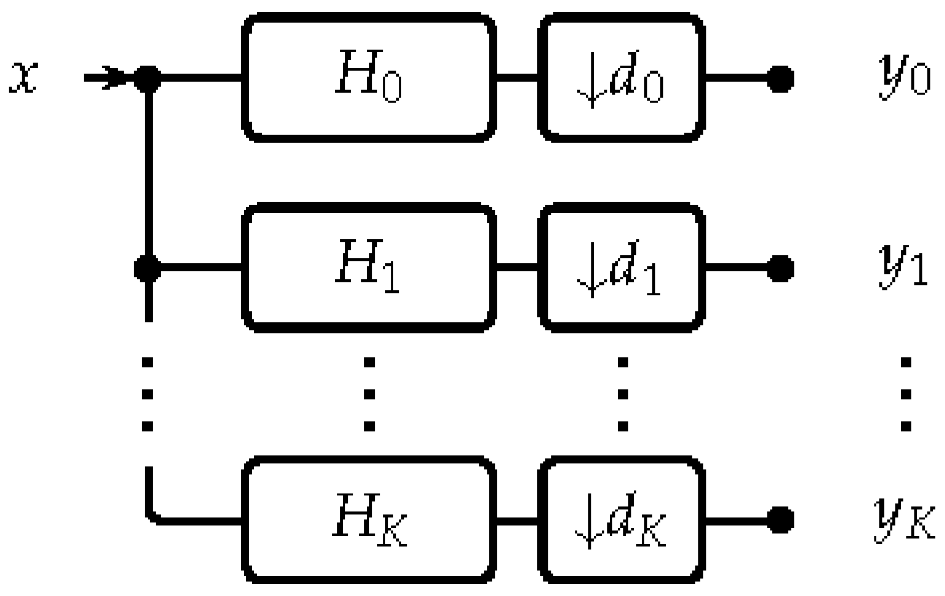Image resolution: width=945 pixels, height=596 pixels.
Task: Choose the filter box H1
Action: tap(368, 265)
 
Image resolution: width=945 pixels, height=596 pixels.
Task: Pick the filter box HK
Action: tap(368, 516)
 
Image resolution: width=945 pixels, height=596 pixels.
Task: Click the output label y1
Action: tap(899, 265)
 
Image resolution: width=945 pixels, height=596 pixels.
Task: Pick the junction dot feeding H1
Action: tap(149, 266)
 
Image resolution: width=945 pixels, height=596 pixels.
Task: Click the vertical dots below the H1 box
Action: tap(368, 391)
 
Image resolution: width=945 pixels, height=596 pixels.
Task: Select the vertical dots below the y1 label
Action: tap(907, 391)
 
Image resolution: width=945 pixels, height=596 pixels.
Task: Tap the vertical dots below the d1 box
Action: tap(622, 391)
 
